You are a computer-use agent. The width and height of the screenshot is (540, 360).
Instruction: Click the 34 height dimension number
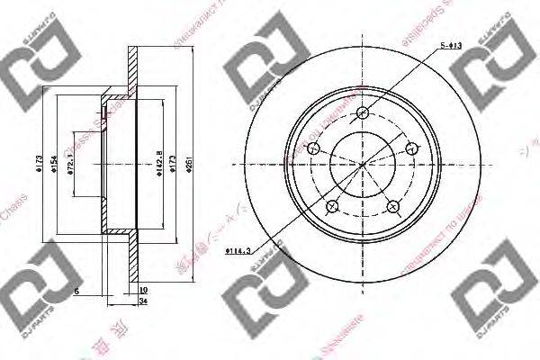[144, 301]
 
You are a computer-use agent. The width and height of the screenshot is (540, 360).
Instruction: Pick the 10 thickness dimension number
[143, 290]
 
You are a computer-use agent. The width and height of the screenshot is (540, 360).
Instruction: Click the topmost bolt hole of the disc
[364, 112]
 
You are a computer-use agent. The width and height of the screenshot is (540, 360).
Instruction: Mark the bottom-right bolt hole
[392, 207]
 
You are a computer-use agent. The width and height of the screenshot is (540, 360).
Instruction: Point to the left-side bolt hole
[314, 149]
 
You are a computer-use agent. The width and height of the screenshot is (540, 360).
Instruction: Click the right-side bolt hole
[412, 148]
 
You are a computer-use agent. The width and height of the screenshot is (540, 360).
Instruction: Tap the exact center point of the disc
[364, 165]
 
